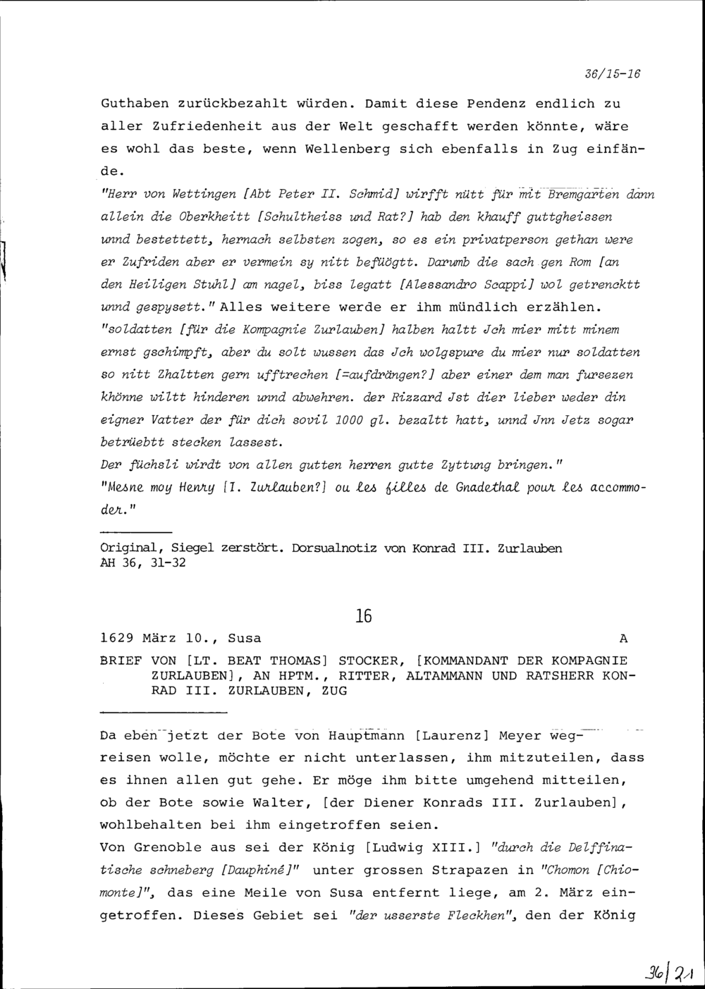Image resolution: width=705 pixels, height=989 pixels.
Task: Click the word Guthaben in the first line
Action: click(x=135, y=104)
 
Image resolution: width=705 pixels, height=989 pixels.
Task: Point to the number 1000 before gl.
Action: click(x=350, y=420)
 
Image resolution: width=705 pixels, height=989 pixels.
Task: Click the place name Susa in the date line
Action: click(x=245, y=639)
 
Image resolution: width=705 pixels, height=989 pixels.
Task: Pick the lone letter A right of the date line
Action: click(x=623, y=639)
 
